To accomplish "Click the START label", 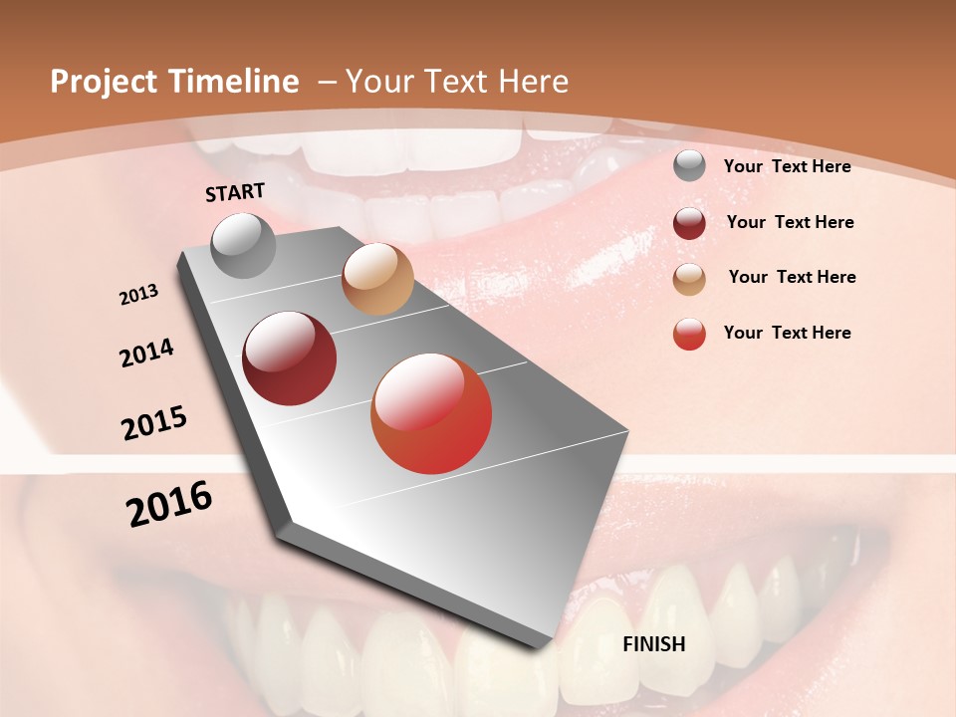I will click(235, 192).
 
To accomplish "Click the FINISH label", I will click(654, 644).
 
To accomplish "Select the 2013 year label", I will click(139, 295).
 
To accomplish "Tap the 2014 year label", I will click(146, 354).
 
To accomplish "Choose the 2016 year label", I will click(169, 504).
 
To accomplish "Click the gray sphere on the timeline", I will click(244, 245).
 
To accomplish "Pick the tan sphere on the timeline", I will click(377, 279).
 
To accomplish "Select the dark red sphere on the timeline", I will click(290, 358).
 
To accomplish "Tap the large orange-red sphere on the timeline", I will click(431, 413).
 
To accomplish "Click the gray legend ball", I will click(689, 166).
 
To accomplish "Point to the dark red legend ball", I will click(689, 223).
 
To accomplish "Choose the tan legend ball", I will click(689, 279).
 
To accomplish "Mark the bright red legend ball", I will click(689, 334).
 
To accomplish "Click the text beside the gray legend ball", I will click(787, 167).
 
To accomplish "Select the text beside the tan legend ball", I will click(792, 277).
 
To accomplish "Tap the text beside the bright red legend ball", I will click(787, 333).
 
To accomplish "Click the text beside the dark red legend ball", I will click(790, 222).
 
